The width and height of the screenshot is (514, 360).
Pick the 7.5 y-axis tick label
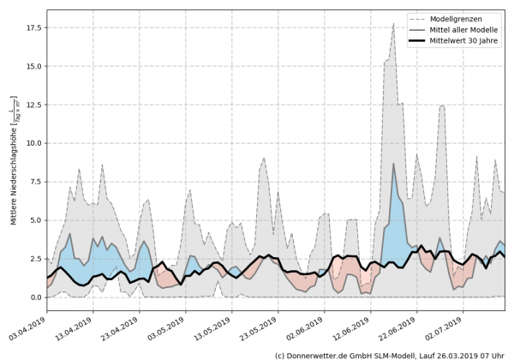pos(34,182)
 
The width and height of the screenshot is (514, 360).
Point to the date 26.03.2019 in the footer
pos(454,355)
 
